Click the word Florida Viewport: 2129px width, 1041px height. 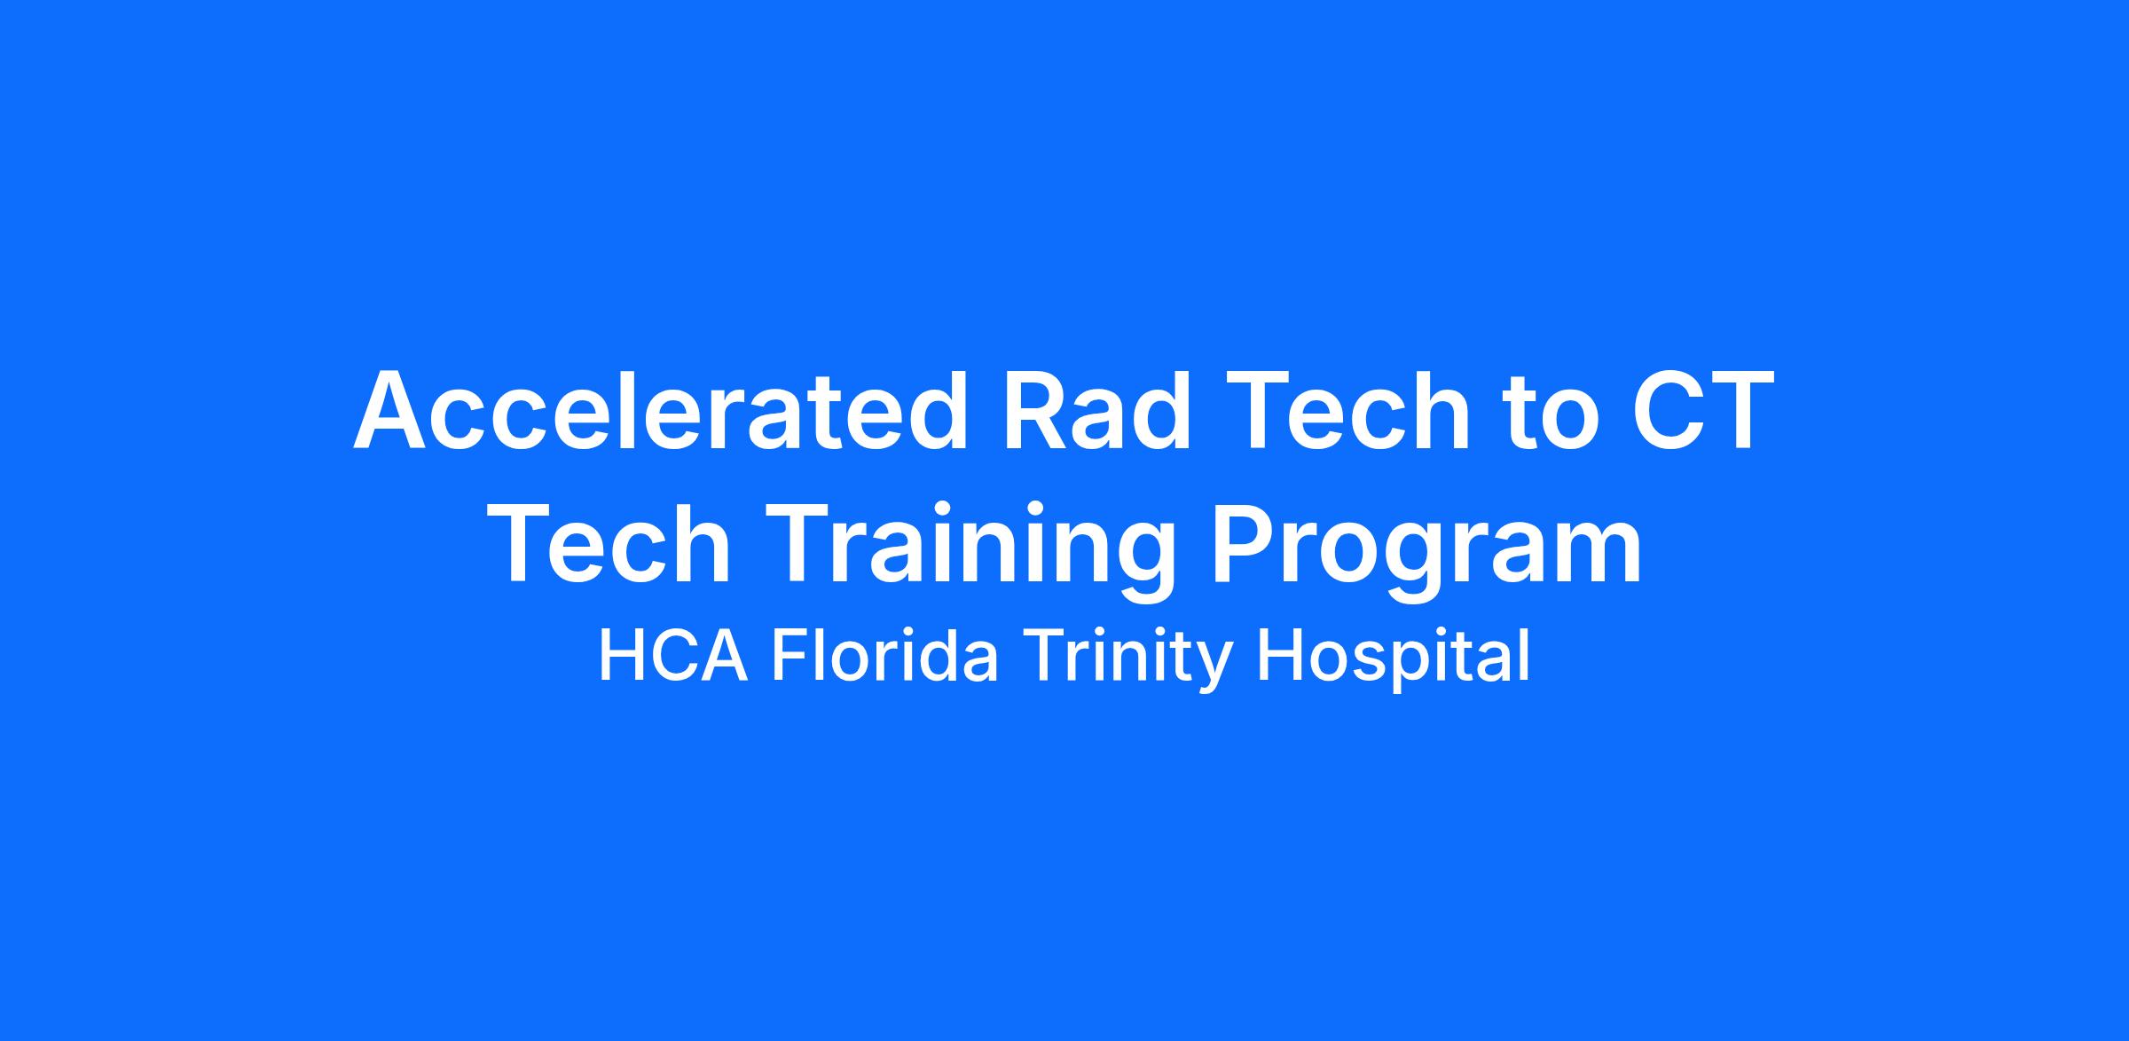click(884, 656)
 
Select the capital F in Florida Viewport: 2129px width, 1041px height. click(790, 656)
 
